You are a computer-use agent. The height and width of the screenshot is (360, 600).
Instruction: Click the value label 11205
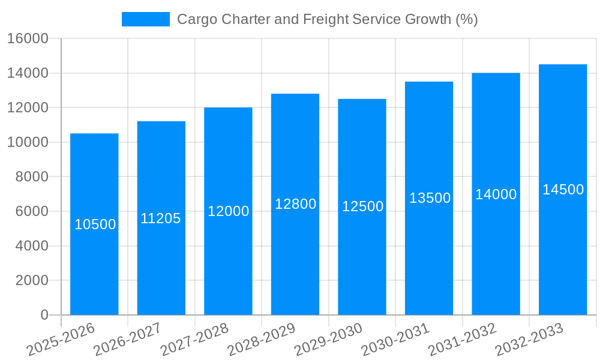[161, 218]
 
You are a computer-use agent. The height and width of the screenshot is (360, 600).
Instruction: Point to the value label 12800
[295, 204]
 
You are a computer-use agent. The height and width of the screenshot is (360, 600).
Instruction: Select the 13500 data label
[430, 198]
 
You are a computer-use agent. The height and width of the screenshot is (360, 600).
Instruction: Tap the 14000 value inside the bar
[496, 194]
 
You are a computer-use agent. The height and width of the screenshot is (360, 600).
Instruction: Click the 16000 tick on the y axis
[27, 38]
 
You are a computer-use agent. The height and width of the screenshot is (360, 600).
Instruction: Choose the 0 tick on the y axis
[44, 315]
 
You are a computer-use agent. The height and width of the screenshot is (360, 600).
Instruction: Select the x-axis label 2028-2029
[261, 340]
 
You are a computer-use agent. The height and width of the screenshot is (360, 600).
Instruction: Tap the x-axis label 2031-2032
[462, 340]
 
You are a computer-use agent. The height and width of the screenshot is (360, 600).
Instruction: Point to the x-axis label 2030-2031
[395, 340]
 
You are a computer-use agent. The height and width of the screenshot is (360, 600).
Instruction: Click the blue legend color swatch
[145, 19]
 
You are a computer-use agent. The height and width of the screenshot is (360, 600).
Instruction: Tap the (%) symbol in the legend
[466, 19]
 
